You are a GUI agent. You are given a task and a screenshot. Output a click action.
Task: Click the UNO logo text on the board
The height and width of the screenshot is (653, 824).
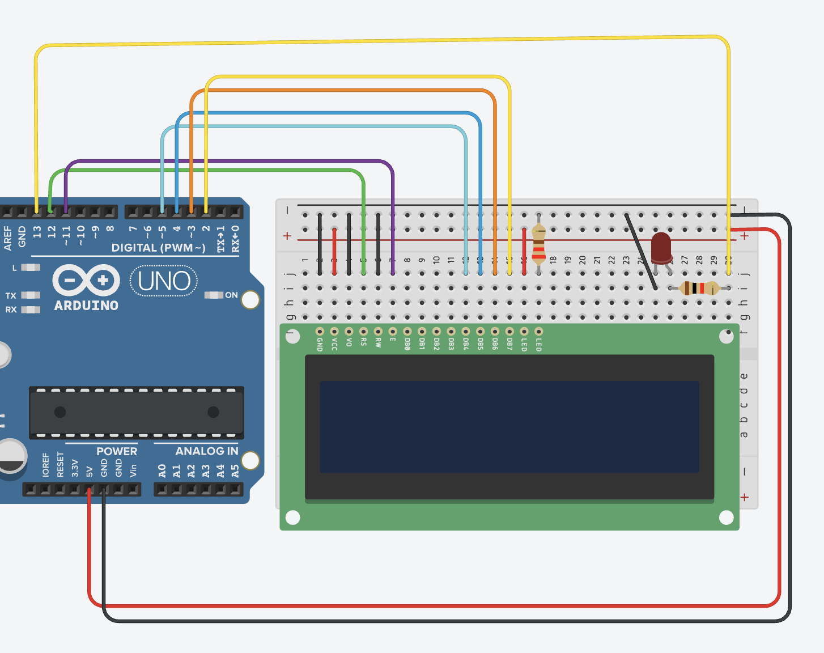tap(164, 281)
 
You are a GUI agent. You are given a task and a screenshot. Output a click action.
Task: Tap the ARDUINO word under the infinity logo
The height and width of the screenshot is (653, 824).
tap(86, 306)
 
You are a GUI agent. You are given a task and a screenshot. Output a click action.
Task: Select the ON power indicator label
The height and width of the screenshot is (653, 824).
tap(231, 295)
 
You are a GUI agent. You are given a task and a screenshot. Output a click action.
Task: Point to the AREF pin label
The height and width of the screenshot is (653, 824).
tap(8, 238)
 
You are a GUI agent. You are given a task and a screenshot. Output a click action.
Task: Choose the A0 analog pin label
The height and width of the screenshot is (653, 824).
tap(162, 471)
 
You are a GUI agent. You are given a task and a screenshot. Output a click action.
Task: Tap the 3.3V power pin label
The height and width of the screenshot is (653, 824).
tap(75, 468)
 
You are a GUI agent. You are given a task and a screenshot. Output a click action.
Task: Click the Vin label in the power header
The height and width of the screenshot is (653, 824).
tap(133, 470)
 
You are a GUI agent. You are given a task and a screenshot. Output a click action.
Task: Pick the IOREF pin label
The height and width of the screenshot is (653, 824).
tap(46, 465)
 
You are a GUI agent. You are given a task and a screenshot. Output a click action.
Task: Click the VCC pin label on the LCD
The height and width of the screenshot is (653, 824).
tap(334, 344)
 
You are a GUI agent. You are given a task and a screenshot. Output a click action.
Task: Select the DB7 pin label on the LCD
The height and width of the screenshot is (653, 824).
tap(509, 344)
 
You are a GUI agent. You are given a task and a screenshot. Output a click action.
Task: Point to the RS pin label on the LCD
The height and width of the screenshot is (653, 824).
tap(363, 342)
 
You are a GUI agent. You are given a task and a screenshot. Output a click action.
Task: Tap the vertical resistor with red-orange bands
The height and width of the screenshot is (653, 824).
tap(539, 244)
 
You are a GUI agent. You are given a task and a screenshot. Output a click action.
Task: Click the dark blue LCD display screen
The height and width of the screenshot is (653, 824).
tap(509, 426)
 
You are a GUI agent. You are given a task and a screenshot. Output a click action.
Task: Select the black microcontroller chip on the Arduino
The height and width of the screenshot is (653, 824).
tap(137, 412)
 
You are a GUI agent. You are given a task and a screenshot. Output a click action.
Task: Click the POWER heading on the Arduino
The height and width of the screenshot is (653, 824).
tap(117, 451)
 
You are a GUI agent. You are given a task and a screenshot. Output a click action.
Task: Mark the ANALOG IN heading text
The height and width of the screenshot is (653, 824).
tap(206, 451)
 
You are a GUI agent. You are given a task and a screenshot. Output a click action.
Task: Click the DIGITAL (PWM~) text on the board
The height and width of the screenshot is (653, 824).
tap(158, 248)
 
